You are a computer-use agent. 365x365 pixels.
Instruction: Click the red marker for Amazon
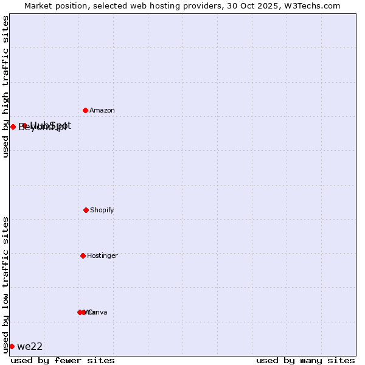[x=85, y=110]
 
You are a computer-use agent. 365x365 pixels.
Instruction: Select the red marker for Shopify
[x=86, y=210]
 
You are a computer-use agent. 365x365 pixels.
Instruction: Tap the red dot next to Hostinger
[x=83, y=255]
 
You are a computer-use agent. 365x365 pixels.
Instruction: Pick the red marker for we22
[x=12, y=346]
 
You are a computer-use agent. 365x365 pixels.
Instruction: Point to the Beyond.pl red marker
[x=13, y=127]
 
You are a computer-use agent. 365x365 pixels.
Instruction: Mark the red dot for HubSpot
[x=24, y=125]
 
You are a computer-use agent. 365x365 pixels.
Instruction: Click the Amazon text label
[x=102, y=110]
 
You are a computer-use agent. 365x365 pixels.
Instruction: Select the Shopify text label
[x=102, y=210]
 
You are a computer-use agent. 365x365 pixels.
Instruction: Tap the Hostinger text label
[x=102, y=255]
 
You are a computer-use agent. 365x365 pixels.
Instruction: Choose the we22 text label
[x=30, y=347]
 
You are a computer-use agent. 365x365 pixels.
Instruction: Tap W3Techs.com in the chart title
[x=310, y=5]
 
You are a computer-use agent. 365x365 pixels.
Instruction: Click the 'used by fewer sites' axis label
[x=63, y=360]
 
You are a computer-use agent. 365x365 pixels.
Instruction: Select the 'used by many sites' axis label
[x=305, y=360]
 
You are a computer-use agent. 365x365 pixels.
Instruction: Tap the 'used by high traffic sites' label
[x=5, y=86]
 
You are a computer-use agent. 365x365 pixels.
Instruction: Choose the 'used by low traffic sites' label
[x=5, y=285]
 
